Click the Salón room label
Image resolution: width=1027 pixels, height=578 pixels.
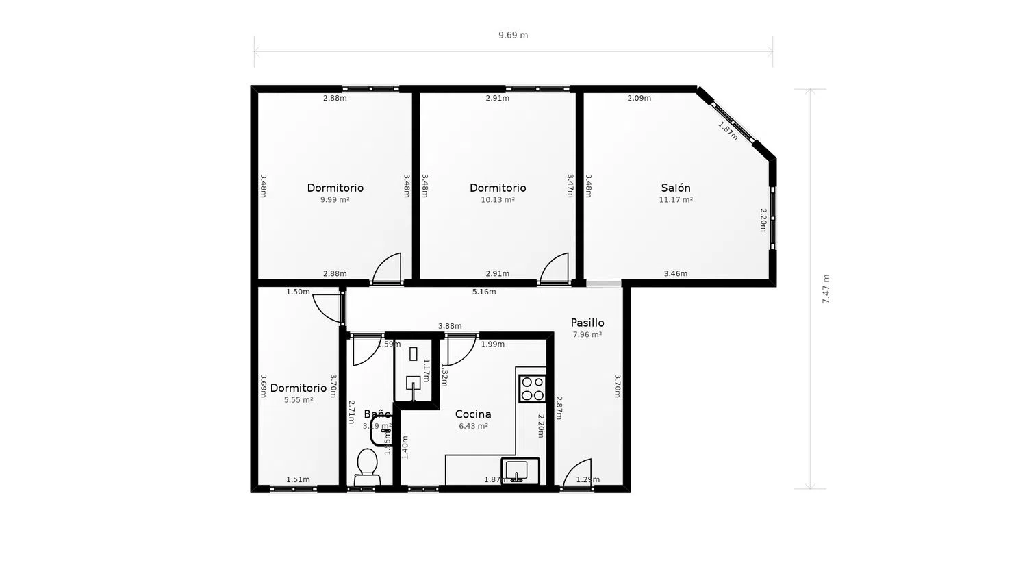675,188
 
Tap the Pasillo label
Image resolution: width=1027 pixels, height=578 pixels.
587,323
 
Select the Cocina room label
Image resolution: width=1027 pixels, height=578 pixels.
473,414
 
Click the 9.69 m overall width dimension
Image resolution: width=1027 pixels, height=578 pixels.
513,35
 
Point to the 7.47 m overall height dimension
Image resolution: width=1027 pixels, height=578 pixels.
826,289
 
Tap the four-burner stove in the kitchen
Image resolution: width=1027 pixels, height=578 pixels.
532,388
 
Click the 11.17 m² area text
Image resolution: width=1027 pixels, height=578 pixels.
675,200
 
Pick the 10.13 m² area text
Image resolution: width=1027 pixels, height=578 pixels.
497,200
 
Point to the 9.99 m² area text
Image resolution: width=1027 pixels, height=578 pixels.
335,200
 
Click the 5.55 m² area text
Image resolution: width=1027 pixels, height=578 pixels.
299,400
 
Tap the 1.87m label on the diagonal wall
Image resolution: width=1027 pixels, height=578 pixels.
728,131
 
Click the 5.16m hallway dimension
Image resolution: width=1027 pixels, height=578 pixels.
484,292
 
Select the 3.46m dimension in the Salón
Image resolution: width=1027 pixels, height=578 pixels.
675,273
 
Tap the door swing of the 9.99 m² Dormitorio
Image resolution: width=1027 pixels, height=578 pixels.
388,268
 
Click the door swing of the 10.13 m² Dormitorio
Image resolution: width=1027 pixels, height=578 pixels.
555,268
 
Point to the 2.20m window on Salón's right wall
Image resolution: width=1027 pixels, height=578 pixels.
772,218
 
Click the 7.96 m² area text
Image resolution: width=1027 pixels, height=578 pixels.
587,335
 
